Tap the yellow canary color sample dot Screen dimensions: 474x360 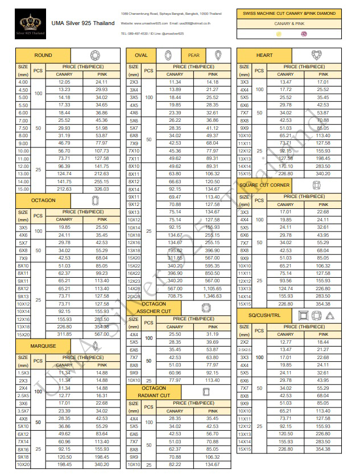click(x=278, y=34)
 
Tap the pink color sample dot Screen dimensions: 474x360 click(x=304, y=34)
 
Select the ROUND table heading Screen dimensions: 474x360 click(x=43, y=55)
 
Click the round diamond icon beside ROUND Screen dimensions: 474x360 click(x=96, y=55)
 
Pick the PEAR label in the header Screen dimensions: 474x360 click(x=193, y=55)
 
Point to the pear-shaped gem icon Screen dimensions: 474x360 click(x=218, y=55)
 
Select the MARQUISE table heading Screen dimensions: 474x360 click(x=43, y=345)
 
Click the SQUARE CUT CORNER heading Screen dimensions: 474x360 click(x=264, y=186)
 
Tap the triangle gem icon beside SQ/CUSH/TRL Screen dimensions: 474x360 click(x=330, y=315)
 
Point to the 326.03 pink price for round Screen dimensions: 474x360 click(x=102, y=188)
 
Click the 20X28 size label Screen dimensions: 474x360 click(x=134, y=296)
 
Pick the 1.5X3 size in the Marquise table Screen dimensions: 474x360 click(x=23, y=373)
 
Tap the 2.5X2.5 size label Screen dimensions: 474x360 click(x=244, y=350)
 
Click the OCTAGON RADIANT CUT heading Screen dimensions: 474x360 click(x=154, y=391)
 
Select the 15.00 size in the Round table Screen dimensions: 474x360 click(x=23, y=188)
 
